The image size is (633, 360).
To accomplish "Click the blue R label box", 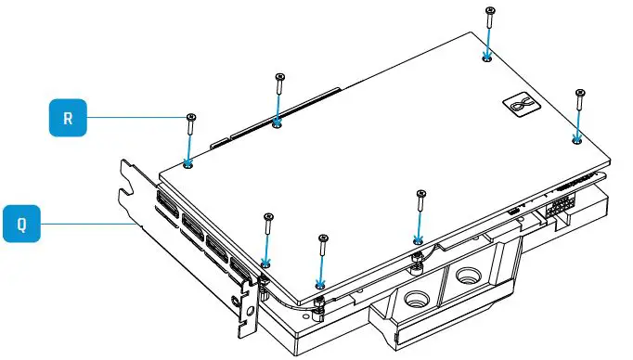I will [68, 118].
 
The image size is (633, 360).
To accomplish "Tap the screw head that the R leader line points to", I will [190, 117].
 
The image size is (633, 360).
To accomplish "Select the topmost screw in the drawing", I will [489, 11].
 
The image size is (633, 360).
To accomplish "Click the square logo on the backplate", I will [517, 106].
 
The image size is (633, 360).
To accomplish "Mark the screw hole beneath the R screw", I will [188, 163].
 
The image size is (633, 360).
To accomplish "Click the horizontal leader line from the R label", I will [139, 117].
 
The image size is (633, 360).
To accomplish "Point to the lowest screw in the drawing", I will [323, 239].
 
